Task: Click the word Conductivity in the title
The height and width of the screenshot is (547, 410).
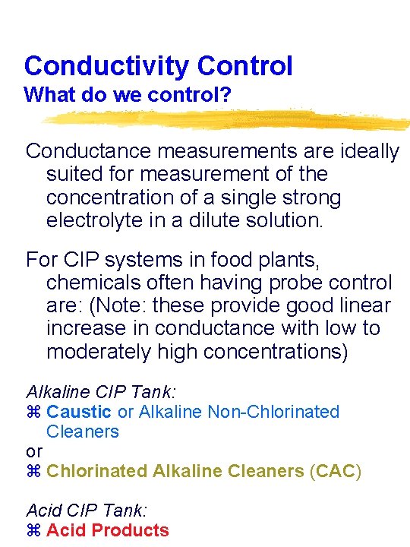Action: point(107,66)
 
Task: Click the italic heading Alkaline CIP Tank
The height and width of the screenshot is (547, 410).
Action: point(101,392)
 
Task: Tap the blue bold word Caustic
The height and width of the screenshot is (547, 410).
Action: point(79,412)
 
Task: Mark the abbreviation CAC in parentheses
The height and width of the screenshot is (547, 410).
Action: point(335,471)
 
